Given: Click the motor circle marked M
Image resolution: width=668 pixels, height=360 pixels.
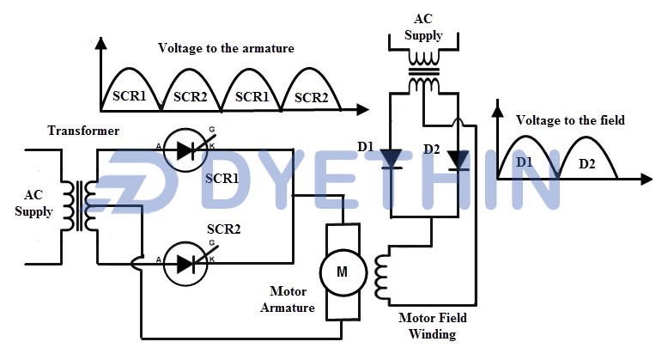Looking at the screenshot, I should pyautogui.click(x=342, y=272).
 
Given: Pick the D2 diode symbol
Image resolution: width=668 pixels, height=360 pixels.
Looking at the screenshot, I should pyautogui.click(x=458, y=160).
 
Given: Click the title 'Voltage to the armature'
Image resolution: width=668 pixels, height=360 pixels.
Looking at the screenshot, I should pyautogui.click(x=226, y=48).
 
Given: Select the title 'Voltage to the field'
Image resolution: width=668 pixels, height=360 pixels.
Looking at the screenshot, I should pyautogui.click(x=570, y=120).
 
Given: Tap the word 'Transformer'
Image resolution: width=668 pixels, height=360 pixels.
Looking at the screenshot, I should pyautogui.click(x=82, y=131).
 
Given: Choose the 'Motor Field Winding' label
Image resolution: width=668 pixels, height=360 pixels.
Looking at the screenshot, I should pyautogui.click(x=427, y=325).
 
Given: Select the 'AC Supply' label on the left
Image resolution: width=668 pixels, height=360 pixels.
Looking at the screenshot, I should pyautogui.click(x=33, y=204).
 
